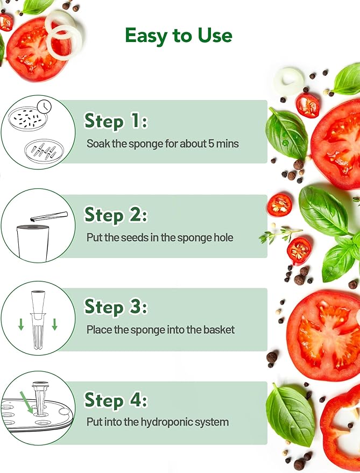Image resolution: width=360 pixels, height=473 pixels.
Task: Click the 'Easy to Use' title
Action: [x=179, y=36]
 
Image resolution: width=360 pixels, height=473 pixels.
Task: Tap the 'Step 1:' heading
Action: [x=116, y=121]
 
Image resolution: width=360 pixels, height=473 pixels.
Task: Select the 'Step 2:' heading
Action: [x=116, y=215]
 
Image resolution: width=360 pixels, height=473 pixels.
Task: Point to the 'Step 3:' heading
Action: [x=116, y=307]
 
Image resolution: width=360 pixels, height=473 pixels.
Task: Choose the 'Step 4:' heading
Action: [x=116, y=400]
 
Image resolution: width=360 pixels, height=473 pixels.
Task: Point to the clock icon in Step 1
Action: [x=44, y=107]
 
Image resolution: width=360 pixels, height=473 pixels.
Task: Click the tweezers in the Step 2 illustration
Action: [x=49, y=216]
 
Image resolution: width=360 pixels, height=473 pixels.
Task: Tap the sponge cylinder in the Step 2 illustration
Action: [x=33, y=242]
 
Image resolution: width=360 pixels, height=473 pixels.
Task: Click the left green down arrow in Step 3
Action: [x=21, y=324]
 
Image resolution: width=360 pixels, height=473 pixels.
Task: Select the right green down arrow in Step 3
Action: [x=54, y=324]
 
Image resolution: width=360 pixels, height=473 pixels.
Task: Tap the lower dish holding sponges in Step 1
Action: [x=44, y=151]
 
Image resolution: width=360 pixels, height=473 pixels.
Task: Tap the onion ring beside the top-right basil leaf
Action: [x=289, y=81]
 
